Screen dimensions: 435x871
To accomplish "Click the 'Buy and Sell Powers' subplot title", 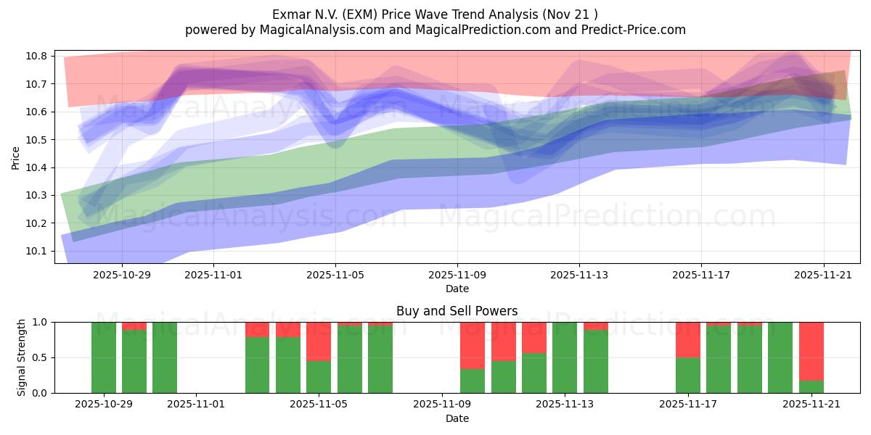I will pos(457,311).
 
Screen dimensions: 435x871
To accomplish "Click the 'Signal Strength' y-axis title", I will pos(22,357).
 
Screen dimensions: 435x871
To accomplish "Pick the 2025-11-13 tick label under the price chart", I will pos(578,275).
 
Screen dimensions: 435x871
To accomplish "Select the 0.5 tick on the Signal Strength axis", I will pos(40,357).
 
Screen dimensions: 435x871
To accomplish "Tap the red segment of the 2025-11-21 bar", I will pos(811,351).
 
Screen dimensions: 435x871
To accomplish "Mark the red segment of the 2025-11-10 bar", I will pos(503,341).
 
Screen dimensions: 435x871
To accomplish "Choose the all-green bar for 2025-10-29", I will pos(104,357).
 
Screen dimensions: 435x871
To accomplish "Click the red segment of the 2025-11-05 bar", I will pos(319,341).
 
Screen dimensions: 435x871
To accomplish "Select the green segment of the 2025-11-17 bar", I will pos(687,375).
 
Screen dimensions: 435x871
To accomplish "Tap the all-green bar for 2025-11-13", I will pos(565,357).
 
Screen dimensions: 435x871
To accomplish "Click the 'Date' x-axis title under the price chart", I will pos(457,289).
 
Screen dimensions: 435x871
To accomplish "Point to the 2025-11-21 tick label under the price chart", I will pos(823,275).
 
